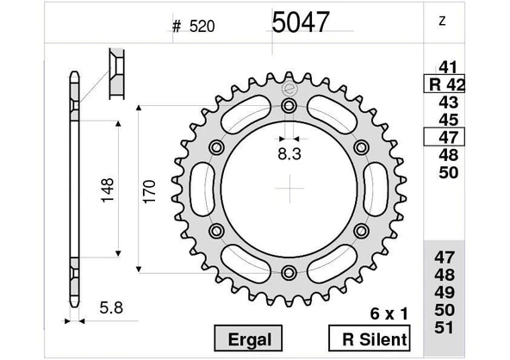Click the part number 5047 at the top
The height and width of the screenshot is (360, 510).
pos(300,22)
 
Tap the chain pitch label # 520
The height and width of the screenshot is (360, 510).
pos(193,26)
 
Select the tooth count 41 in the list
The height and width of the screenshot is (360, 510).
pos(447,67)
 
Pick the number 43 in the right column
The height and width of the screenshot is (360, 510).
pos(447,102)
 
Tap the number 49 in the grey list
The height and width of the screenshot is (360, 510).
pos(447,293)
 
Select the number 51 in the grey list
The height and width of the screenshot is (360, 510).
pos(447,327)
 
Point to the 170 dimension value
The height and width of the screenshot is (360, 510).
pos(148,189)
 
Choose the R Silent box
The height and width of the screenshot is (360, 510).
pos(369,338)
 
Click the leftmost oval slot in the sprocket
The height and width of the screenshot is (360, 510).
pos(202,189)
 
